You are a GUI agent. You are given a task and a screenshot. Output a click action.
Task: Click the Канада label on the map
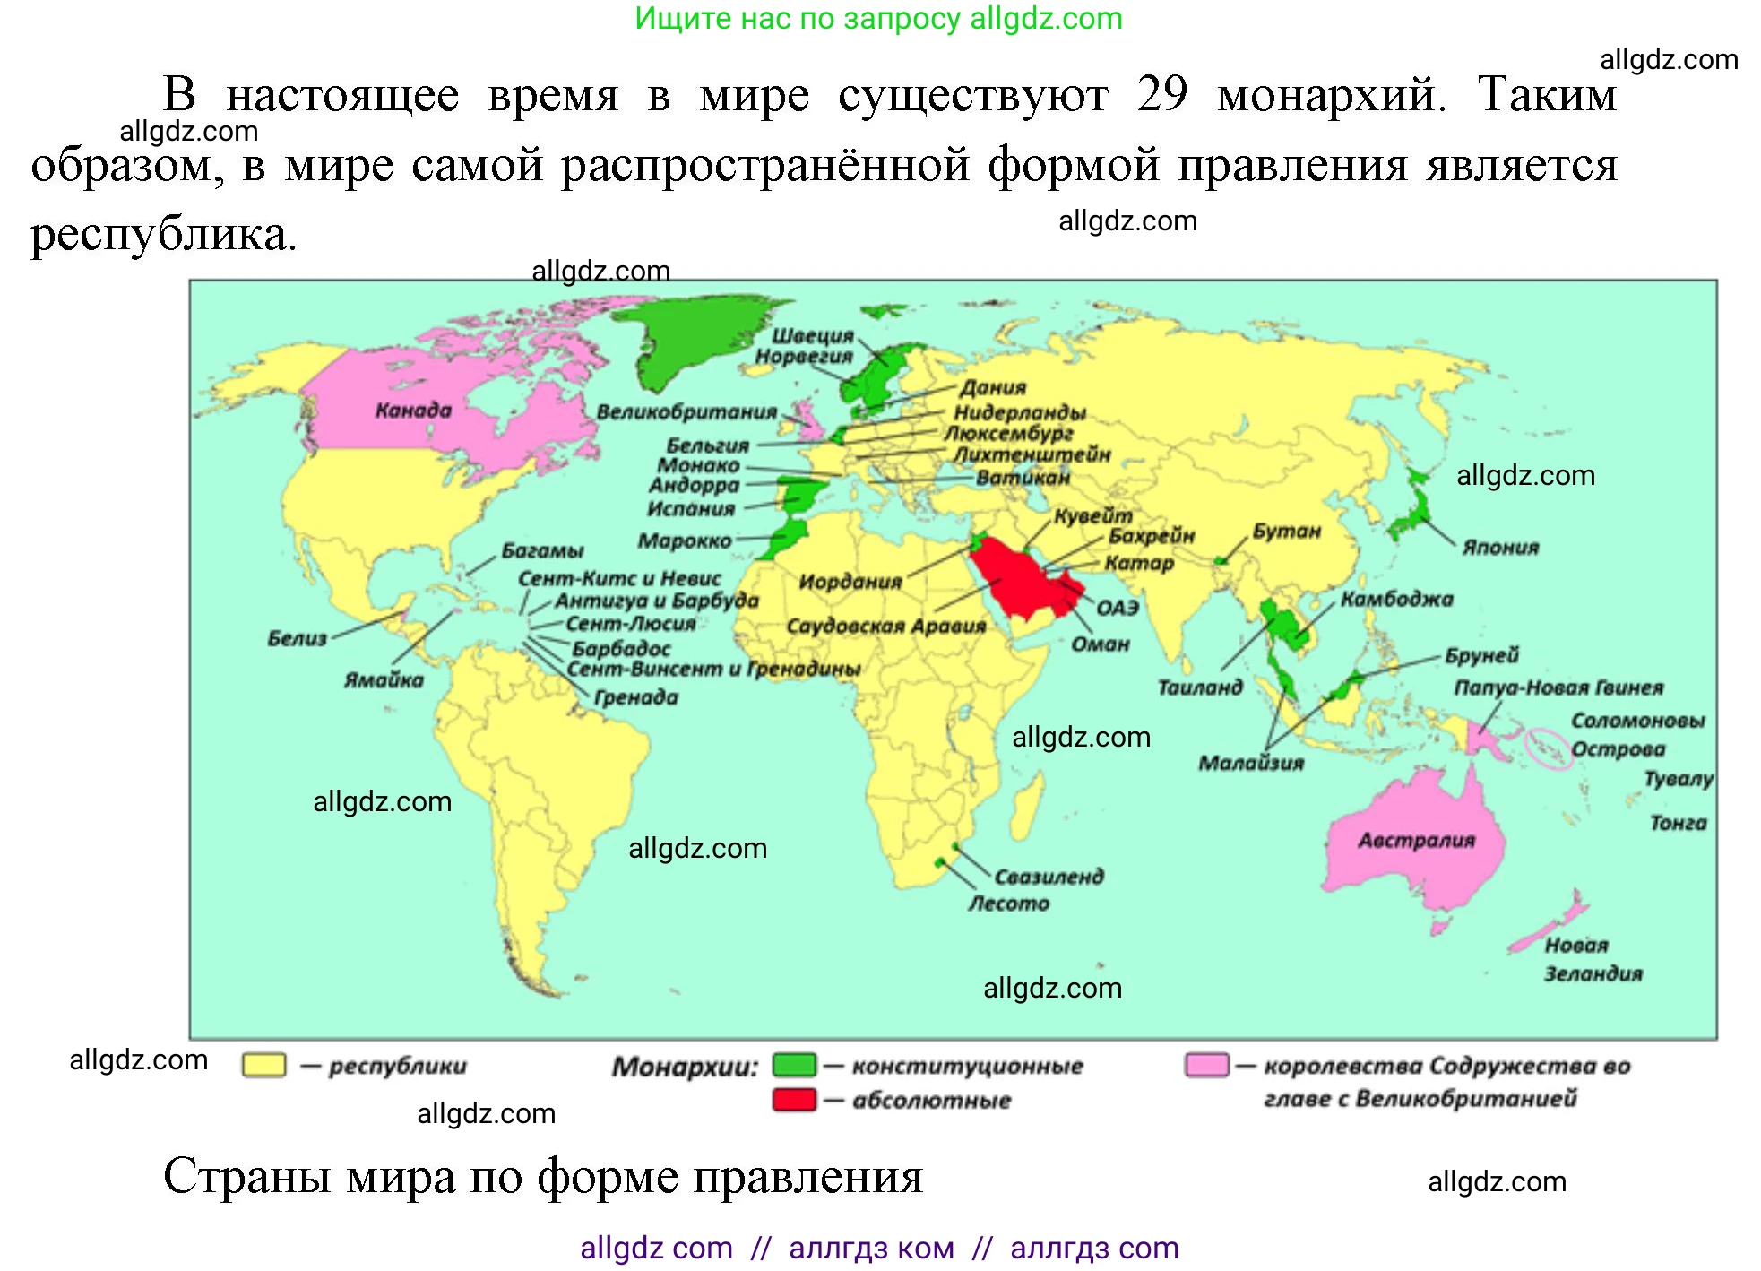[x=413, y=411]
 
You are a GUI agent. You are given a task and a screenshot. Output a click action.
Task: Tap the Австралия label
[x=1416, y=841]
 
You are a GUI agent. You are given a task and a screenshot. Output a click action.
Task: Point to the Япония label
[x=1500, y=548]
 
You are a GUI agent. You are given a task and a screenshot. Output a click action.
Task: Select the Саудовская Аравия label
[x=885, y=626]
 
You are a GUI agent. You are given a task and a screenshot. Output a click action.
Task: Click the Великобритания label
[x=686, y=412]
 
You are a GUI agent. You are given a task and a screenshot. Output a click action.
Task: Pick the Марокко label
[x=685, y=541]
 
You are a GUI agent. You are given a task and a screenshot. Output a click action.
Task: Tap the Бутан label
[x=1286, y=532]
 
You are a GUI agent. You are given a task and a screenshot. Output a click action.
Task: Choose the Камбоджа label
[x=1396, y=600]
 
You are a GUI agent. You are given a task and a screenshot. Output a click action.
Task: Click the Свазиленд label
[x=1049, y=877]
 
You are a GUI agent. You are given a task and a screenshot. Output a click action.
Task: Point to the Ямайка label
[x=384, y=680]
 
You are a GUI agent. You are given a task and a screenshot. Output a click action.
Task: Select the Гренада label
[x=635, y=697]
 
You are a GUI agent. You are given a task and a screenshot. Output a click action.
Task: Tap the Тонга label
[x=1678, y=823]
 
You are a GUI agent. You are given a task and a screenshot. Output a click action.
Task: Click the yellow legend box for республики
[x=264, y=1065]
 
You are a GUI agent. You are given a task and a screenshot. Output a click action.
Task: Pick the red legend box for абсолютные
[x=794, y=1100]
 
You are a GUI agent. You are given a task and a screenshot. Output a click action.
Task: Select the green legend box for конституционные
[x=794, y=1065]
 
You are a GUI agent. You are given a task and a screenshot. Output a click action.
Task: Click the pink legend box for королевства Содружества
[x=1206, y=1065]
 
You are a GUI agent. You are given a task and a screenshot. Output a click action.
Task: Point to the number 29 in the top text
[x=1162, y=94]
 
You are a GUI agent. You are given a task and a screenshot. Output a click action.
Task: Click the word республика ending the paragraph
[x=163, y=235]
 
